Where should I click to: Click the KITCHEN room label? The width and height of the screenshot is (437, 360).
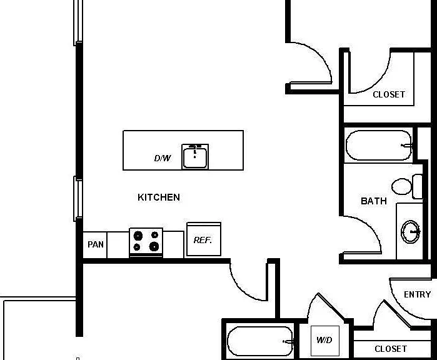[x=159, y=197]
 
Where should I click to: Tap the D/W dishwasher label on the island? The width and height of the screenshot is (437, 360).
[x=163, y=158]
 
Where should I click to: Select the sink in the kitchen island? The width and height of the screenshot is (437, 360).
[x=195, y=157]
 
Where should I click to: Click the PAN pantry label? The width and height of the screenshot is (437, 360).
[x=96, y=244]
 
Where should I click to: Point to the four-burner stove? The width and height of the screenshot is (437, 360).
[x=146, y=242]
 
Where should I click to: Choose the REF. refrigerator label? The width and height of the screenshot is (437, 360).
[x=203, y=240]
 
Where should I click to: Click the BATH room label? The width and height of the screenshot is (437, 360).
[x=374, y=201]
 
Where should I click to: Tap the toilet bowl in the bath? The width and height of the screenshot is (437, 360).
[x=401, y=186]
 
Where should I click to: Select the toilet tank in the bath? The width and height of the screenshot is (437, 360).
[x=418, y=186]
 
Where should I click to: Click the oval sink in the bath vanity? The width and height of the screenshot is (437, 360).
[x=410, y=231]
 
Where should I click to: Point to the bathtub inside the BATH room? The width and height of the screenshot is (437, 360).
[x=378, y=145]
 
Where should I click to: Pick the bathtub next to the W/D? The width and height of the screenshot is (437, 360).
[x=259, y=341]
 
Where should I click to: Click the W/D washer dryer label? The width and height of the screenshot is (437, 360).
[x=324, y=340]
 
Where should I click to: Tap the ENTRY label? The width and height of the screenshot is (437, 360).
[x=417, y=294]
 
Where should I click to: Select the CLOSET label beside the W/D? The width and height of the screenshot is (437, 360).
[x=391, y=349]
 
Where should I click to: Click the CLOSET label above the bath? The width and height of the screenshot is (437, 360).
[x=389, y=94]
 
